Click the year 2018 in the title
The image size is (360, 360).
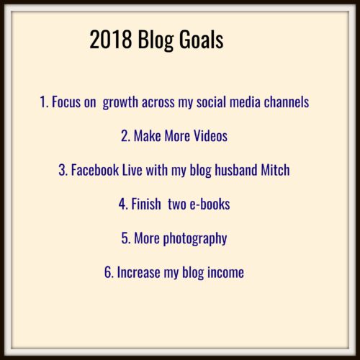click(x=111, y=40)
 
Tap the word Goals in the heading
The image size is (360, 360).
click(x=202, y=40)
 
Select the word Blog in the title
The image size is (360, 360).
click(x=156, y=41)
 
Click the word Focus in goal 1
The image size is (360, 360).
click(x=66, y=102)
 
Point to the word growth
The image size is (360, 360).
click(x=120, y=103)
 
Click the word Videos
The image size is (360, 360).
click(x=210, y=136)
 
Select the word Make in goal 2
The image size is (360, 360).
click(x=148, y=136)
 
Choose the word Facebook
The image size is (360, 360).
click(x=95, y=170)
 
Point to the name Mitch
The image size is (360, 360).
click(x=275, y=170)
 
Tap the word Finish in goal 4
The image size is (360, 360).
click(x=146, y=204)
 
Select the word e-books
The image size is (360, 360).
click(x=210, y=204)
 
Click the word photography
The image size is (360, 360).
click(x=195, y=239)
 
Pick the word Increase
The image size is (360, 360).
click(x=138, y=272)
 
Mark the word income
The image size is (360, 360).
click(x=225, y=272)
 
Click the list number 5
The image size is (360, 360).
click(x=126, y=238)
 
